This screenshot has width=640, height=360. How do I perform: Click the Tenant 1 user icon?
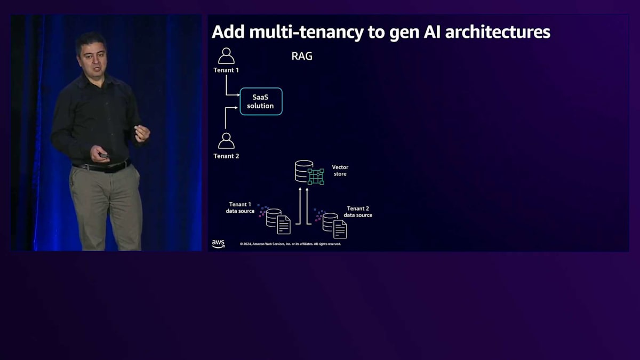point(226,56)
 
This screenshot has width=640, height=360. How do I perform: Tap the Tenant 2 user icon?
point(226,141)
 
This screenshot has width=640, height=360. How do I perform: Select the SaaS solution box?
point(260,101)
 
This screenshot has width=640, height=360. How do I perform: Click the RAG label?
point(302,56)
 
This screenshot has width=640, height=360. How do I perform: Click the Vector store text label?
point(340,171)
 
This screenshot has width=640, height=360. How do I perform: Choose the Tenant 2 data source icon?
point(333,224)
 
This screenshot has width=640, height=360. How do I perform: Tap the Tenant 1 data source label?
point(240,208)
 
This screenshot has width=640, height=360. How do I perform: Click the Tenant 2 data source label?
point(358,212)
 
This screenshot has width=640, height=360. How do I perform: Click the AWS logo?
point(218,244)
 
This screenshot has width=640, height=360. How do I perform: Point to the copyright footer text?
point(290,244)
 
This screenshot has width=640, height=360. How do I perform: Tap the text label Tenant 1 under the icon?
point(226,70)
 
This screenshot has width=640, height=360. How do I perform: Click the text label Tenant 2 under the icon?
point(226,156)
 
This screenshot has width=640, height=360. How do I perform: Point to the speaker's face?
point(91,52)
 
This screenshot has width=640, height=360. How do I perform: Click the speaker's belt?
point(101,167)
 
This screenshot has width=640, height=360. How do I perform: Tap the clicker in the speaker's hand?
point(104,155)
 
